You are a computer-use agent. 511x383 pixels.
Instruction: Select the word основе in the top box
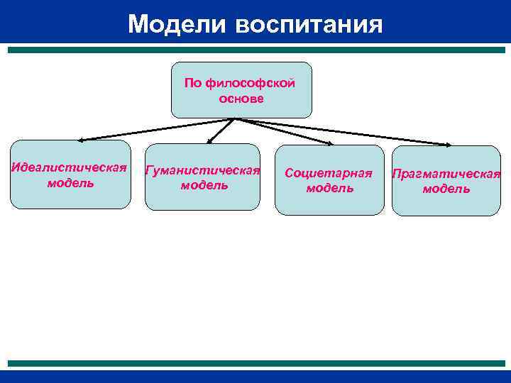[241, 99]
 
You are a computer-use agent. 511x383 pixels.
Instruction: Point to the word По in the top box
[193, 84]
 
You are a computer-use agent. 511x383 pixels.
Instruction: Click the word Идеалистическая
[70, 168]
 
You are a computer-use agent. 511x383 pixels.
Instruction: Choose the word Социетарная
[329, 173]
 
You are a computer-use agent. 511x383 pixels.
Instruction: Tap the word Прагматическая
[446, 174]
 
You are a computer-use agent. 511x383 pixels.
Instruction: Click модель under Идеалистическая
[70, 183]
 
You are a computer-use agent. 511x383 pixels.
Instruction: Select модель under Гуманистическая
[204, 185]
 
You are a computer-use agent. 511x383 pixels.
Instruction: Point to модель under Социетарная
[329, 188]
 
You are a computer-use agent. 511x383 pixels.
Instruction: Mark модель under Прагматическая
[446, 189]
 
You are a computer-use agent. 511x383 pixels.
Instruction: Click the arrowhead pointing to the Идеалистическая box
[81, 140]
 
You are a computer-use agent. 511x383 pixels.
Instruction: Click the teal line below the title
[255, 50]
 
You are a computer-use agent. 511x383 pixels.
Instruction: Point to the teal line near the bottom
[255, 362]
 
